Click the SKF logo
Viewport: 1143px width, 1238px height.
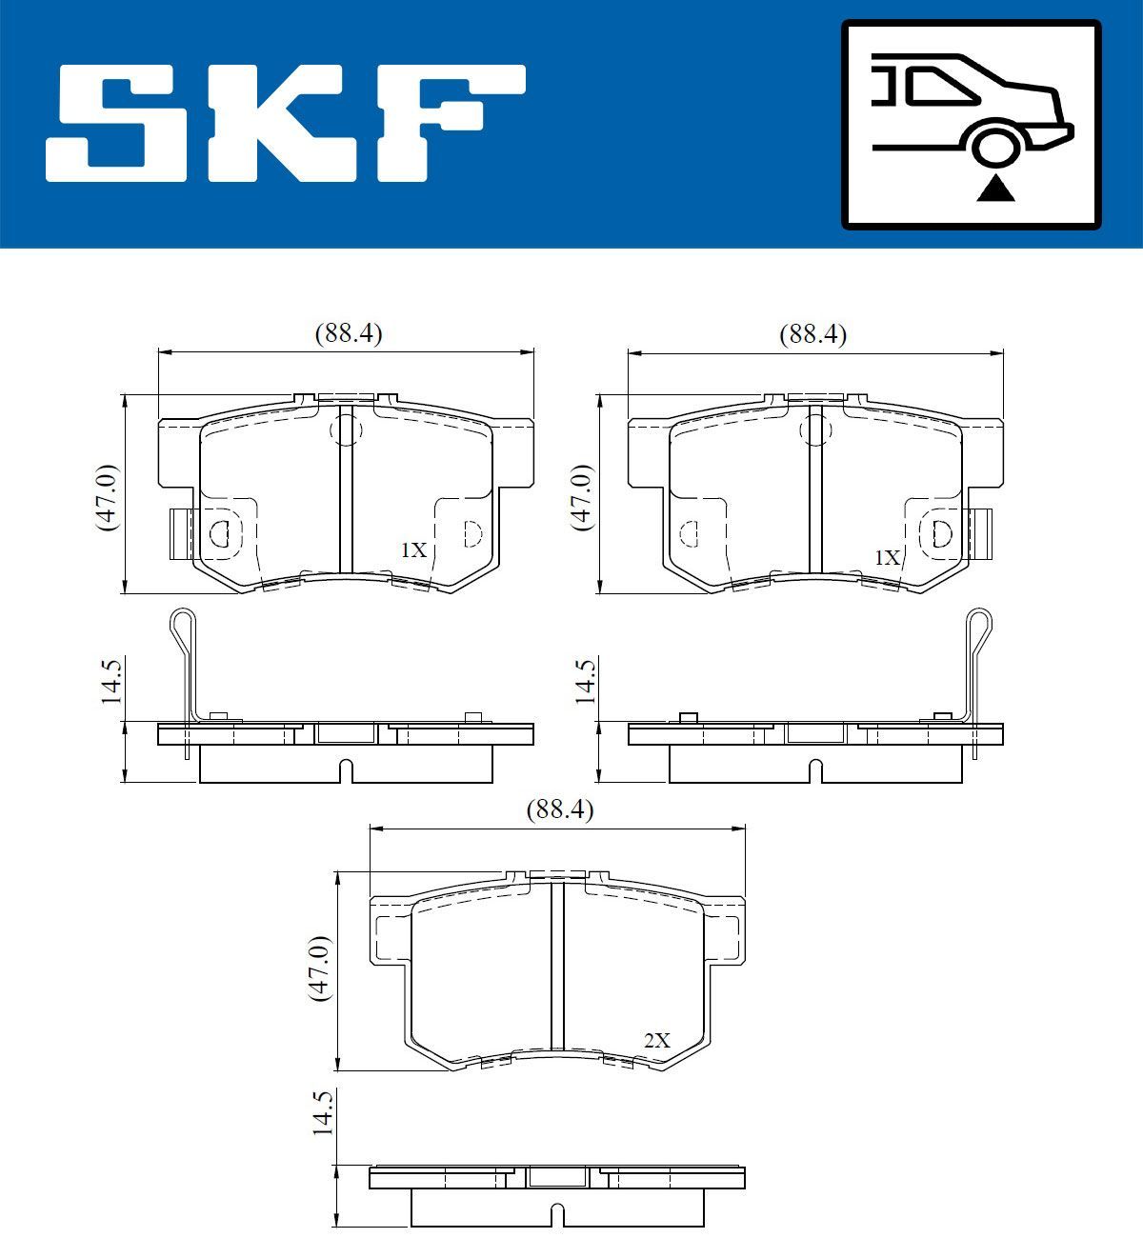click(x=286, y=124)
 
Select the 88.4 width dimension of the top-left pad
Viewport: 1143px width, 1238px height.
click(x=348, y=333)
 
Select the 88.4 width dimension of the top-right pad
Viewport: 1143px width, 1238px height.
click(x=812, y=333)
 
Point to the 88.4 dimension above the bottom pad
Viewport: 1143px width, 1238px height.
click(x=559, y=809)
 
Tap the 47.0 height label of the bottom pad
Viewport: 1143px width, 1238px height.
click(x=319, y=968)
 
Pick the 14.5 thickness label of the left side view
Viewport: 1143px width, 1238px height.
click(x=111, y=680)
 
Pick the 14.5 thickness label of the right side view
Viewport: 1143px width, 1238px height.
click(x=584, y=680)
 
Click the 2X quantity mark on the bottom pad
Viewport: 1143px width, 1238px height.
click(x=656, y=1041)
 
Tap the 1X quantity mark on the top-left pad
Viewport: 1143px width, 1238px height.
click(x=412, y=550)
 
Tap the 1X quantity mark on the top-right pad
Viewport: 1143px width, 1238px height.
click(x=887, y=557)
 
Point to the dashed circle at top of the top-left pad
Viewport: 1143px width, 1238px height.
click(x=346, y=431)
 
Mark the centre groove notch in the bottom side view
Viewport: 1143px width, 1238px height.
click(x=558, y=1215)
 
